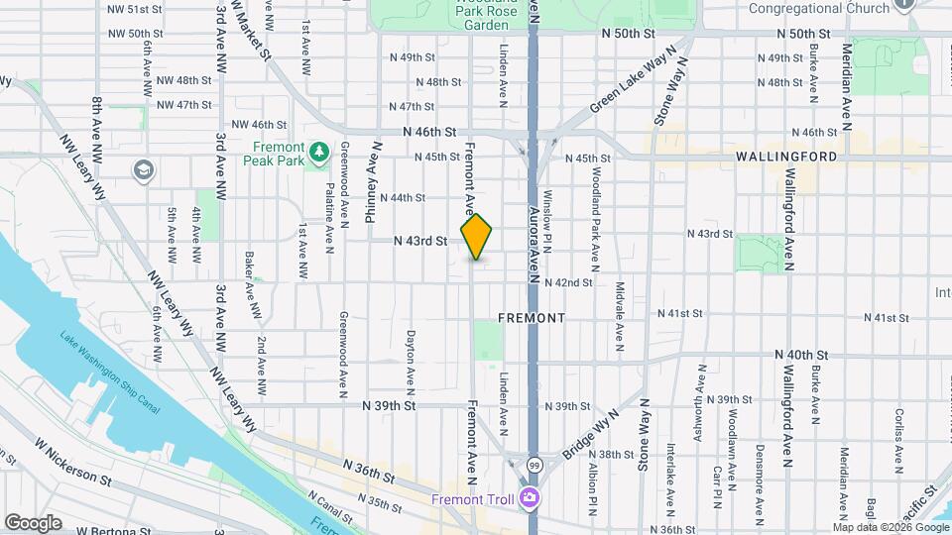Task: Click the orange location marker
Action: tap(477, 238)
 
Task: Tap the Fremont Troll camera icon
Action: tap(531, 497)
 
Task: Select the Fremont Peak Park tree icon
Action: tap(318, 152)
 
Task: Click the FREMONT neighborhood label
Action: tap(532, 318)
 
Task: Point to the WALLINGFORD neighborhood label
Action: tap(786, 157)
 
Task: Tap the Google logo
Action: tap(33, 523)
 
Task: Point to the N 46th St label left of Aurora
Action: tap(429, 132)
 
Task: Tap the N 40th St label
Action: tap(801, 354)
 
